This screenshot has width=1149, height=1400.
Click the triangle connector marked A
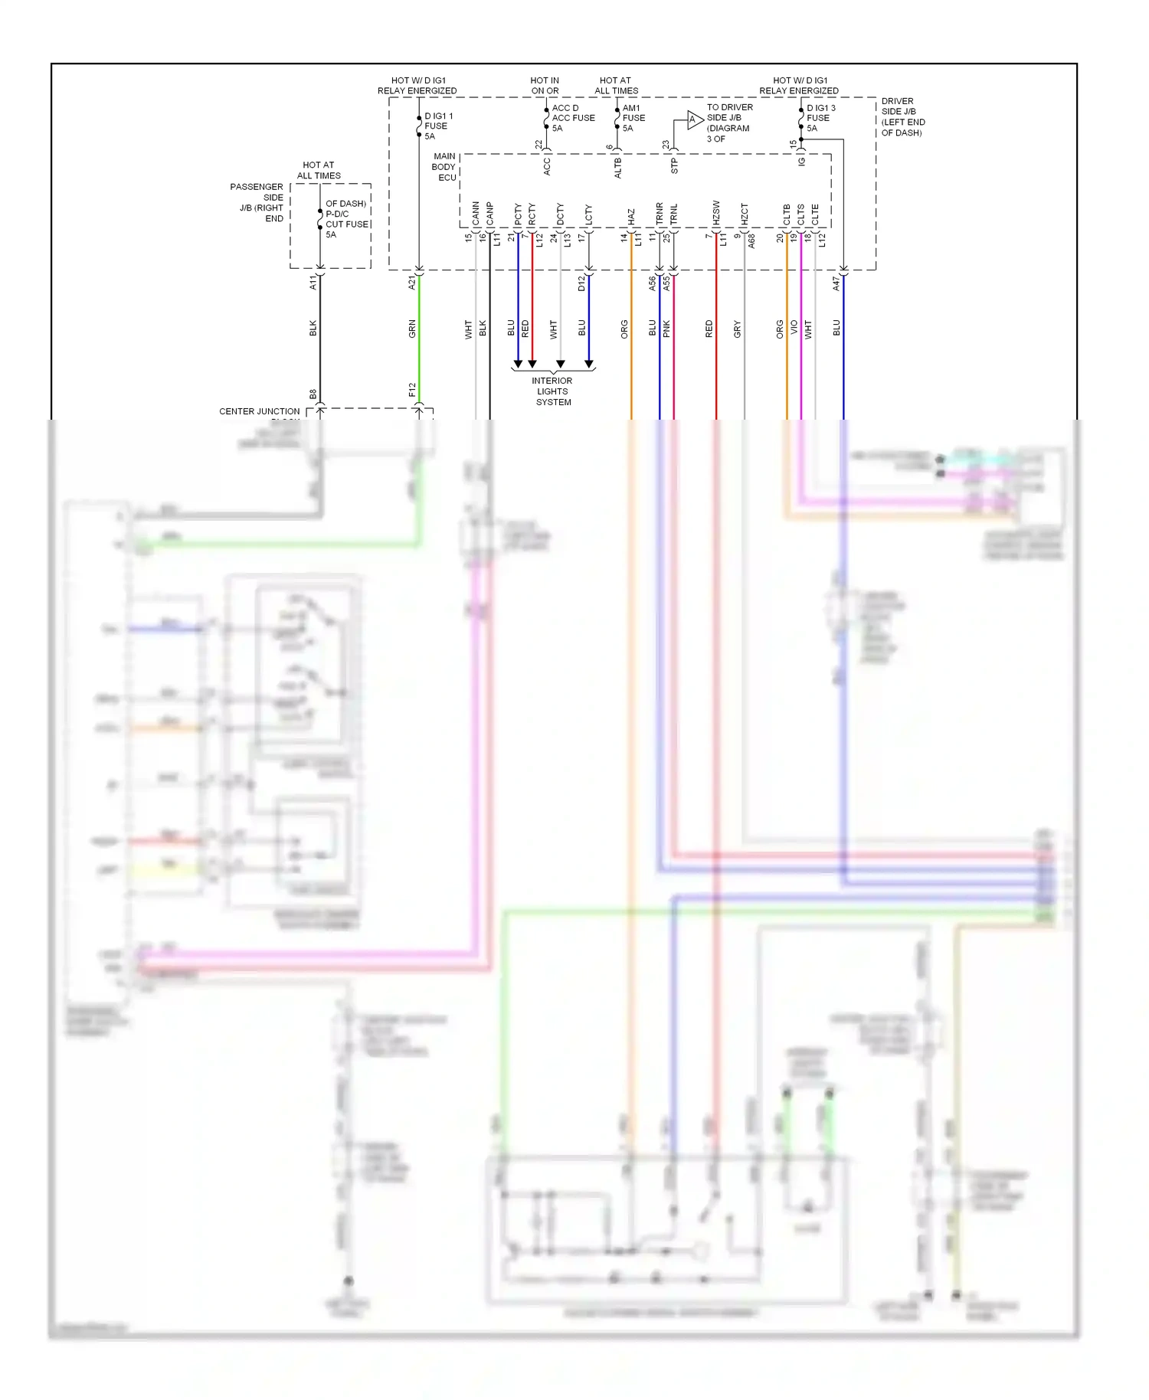pos(693,120)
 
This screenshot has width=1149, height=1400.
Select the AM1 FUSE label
pos(633,118)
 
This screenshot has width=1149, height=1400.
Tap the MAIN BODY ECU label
pos(444,167)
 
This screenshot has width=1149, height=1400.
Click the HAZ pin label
pos(631,217)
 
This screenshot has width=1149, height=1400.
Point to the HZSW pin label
pos(716,213)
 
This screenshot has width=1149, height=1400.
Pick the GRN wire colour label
pos(412,329)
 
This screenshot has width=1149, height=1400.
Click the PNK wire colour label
pos(666,329)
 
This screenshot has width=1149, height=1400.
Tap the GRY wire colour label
pos(737,329)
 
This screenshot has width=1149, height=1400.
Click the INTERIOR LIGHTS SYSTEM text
pos(553,391)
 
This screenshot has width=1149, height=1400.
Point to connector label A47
pos(836,283)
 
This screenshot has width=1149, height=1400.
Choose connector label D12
pos(581,283)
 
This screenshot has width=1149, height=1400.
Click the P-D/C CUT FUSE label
pos(346,219)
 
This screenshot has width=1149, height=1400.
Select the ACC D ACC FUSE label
pos(572,118)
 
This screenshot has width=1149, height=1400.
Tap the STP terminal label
pos(675,166)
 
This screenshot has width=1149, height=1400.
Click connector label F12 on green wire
pos(412,391)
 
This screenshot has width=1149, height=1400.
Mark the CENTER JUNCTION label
pos(260,411)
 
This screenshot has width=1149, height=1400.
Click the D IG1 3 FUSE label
pos(820,118)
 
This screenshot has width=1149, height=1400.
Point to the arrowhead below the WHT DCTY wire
pos(561,365)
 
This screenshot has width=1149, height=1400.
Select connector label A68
pos(751,240)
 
